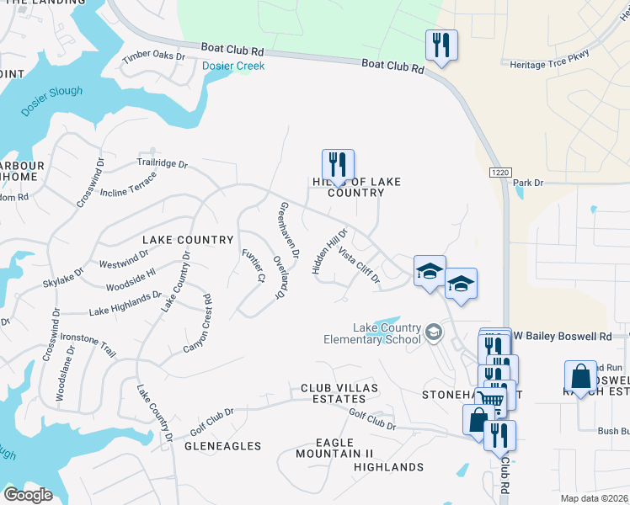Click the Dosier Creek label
click(x=233, y=66)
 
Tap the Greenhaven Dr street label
click(x=287, y=229)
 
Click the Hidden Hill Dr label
click(x=329, y=251)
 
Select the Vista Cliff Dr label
click(x=360, y=264)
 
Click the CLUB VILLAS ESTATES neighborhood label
click(x=340, y=394)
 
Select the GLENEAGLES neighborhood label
click(x=222, y=446)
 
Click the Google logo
click(x=28, y=495)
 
